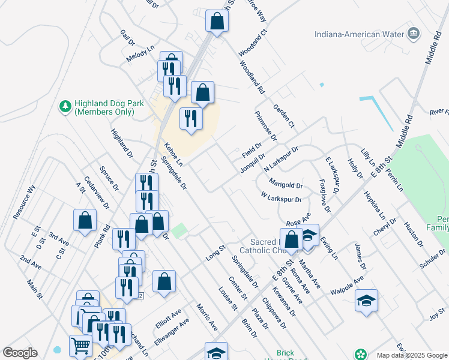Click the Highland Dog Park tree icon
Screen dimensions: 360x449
64,106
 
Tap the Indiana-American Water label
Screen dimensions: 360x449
360,34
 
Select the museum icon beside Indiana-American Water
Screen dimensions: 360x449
414,33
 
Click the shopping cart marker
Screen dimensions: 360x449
81,346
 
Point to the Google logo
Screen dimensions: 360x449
20,353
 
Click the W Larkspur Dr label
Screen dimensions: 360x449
280,196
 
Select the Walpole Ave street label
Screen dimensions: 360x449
347,285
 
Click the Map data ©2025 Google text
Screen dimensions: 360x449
411,355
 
